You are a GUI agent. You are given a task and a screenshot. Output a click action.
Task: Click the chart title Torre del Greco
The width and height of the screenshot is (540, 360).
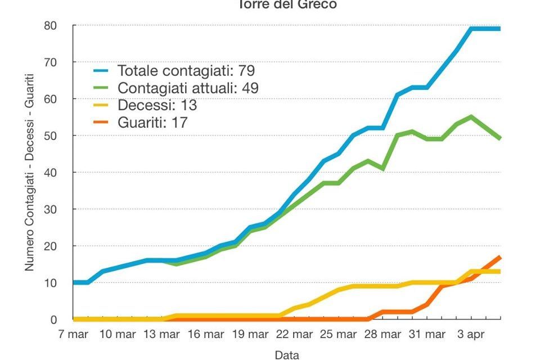pyautogui.click(x=287, y=4)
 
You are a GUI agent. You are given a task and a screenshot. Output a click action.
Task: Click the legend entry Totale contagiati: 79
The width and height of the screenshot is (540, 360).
pyautogui.click(x=186, y=71)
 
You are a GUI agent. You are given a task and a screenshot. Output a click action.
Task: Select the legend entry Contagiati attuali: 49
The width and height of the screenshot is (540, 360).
pyautogui.click(x=188, y=88)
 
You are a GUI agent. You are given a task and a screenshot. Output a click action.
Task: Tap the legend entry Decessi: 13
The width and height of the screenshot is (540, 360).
pyautogui.click(x=157, y=105)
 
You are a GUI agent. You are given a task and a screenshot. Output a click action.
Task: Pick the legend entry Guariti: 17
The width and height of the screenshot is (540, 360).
pyautogui.click(x=152, y=122)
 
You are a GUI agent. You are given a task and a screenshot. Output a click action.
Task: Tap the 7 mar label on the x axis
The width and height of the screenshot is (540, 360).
pyautogui.click(x=73, y=335)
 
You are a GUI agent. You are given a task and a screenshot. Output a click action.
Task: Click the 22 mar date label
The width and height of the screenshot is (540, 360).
pyautogui.click(x=294, y=335)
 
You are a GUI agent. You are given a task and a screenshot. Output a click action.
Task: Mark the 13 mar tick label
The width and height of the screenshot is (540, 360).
pyautogui.click(x=161, y=335)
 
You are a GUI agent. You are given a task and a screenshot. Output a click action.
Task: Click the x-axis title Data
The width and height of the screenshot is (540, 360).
pyautogui.click(x=287, y=354)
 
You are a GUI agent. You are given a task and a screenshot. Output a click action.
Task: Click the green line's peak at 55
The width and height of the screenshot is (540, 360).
pyautogui.click(x=471, y=117)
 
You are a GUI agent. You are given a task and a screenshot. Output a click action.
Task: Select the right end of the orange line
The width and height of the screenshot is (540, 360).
pyautogui.click(x=500, y=257)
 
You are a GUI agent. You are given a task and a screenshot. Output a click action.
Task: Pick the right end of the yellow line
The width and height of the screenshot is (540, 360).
pyautogui.click(x=500, y=272)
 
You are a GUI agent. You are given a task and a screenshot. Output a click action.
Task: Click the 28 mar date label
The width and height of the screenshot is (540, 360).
pyautogui.click(x=382, y=335)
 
